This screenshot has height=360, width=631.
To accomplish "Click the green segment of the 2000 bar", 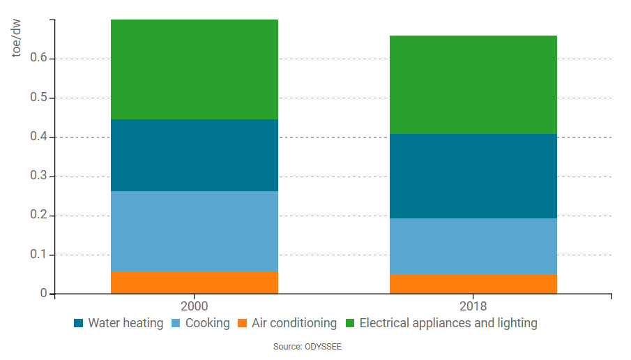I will pos(194,69).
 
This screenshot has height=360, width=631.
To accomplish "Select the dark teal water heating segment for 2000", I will pos(194,155).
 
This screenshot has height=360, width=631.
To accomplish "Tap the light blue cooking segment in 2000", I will pos(194,231).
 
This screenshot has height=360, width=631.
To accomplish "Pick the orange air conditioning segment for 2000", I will pos(194,283).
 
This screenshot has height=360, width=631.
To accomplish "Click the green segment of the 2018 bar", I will pos(473,84).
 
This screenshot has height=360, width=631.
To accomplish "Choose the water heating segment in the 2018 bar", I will pos(473,176).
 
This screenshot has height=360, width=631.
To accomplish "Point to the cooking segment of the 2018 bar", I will pos(473,246).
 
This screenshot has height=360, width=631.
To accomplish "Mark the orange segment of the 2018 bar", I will pos(473,284).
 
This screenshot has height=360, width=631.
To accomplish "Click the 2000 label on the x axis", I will pos(194,306).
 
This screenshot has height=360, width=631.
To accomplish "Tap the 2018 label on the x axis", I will pos(473,306).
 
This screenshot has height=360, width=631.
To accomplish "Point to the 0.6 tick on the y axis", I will pos(38,59).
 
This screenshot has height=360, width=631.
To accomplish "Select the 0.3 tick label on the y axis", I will pos(38,177).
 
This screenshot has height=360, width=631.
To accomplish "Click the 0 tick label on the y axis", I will pos(43,294).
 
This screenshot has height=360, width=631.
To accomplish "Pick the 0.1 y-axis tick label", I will pos(38,255).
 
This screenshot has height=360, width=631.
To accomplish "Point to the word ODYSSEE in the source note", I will pos(322,346).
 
